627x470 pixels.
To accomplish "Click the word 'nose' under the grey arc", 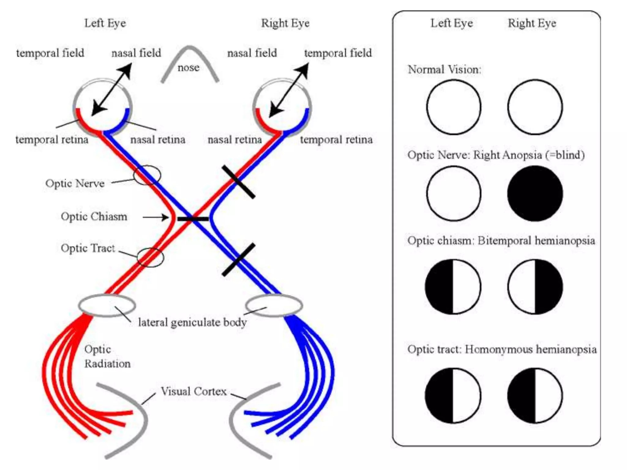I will [188, 68].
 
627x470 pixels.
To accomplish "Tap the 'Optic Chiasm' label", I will [94, 217].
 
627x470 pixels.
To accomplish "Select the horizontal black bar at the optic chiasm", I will [193, 219].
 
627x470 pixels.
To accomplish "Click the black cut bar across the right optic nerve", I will [238, 182].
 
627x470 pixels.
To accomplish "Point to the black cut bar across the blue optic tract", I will [238, 260].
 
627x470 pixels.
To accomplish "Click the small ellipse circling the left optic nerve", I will [147, 175].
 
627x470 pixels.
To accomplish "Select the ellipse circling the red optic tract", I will [150, 257].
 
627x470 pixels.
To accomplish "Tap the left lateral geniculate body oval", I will [107, 305].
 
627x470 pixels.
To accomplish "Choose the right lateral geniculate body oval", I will [274, 305].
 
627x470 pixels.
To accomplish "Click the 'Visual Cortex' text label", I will [193, 391].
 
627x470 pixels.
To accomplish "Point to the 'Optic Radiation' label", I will [107, 356].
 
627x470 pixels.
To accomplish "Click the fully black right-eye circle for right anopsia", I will [535, 193].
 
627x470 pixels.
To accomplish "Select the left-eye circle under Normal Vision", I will [453, 107].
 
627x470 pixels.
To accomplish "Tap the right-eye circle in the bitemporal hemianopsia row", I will [535, 287].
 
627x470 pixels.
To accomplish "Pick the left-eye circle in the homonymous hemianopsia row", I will [453, 395].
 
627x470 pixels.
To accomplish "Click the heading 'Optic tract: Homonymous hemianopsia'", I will [502, 349].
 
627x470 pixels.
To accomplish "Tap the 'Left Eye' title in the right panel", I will [452, 23].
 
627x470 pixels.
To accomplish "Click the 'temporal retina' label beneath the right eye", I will [336, 140].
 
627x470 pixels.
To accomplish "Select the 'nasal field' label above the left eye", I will [136, 53].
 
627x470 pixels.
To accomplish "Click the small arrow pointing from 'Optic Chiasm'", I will [156, 218].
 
